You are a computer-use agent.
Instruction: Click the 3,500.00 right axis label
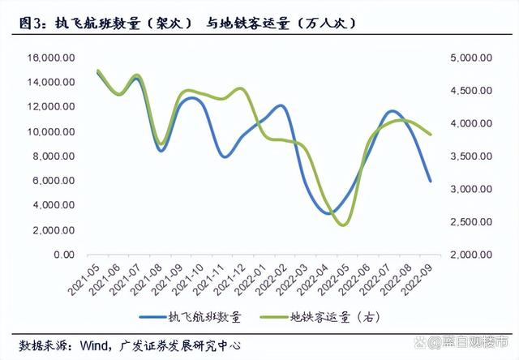point(471,156)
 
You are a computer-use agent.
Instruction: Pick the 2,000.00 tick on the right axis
point(471,255)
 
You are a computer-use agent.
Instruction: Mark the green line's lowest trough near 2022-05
point(342,225)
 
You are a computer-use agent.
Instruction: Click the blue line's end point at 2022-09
point(431,181)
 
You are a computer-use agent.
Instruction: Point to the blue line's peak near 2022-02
point(280,105)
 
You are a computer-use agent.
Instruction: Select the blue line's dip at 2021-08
point(161,151)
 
